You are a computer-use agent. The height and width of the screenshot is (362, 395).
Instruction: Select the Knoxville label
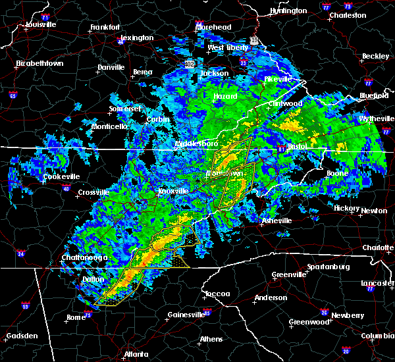pyautogui.click(x=173, y=192)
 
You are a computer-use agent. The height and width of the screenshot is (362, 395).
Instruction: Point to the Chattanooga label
pyautogui.click(x=85, y=257)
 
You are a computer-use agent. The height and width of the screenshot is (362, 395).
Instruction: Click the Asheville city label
pyautogui.click(x=275, y=220)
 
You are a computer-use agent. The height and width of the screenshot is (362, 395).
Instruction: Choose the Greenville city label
pyautogui.click(x=288, y=274)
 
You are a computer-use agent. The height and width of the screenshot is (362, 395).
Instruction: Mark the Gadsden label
pyautogui.click(x=21, y=336)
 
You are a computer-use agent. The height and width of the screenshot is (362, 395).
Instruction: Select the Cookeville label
pyautogui.click(x=61, y=176)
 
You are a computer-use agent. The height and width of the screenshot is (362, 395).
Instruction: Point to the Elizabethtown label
pyautogui.click(x=39, y=64)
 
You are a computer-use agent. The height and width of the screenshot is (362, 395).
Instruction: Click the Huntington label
pyautogui.click(x=288, y=11)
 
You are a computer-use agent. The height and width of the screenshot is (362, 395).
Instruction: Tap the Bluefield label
pyautogui.click(x=375, y=96)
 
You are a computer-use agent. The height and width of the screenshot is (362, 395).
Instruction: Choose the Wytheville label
pyautogui.click(x=374, y=118)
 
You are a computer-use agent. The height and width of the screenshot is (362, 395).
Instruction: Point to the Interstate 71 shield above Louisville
pyautogui.click(x=45, y=16)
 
